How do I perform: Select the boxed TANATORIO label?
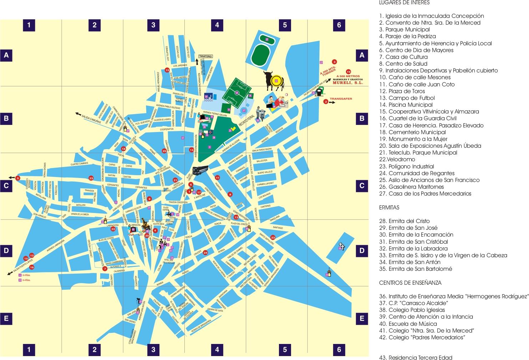pyautogui.click(x=205, y=56)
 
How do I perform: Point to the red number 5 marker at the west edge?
pyautogui.click(x=18, y=178)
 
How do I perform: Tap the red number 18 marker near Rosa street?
pyautogui.click(x=124, y=148)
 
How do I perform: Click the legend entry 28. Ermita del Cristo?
pyautogui.click(x=404, y=221)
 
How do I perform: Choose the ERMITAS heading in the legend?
pyautogui.click(x=389, y=207)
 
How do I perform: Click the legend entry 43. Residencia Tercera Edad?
pyautogui.click(x=416, y=358)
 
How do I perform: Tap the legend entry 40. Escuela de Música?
pyautogui.click(x=408, y=324)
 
